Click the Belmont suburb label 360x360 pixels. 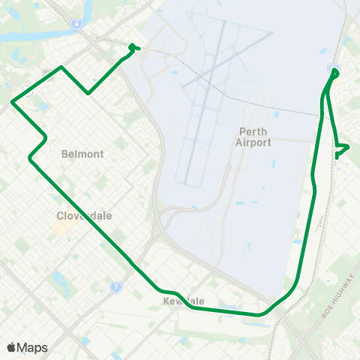(x=82, y=154)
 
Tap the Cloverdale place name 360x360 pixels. (x=85, y=215)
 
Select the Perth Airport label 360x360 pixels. (x=253, y=136)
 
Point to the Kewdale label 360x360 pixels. (x=184, y=301)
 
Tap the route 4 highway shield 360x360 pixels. (x=76, y=23)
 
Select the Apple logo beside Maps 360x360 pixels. (x=11, y=347)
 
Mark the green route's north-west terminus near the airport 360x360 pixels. (x=133, y=46)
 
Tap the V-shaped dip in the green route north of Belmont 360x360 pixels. (x=88, y=94)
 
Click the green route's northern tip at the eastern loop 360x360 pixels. (x=334, y=72)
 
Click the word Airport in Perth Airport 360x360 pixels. (x=253, y=142)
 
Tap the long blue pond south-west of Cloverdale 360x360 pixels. (x=58, y=279)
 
